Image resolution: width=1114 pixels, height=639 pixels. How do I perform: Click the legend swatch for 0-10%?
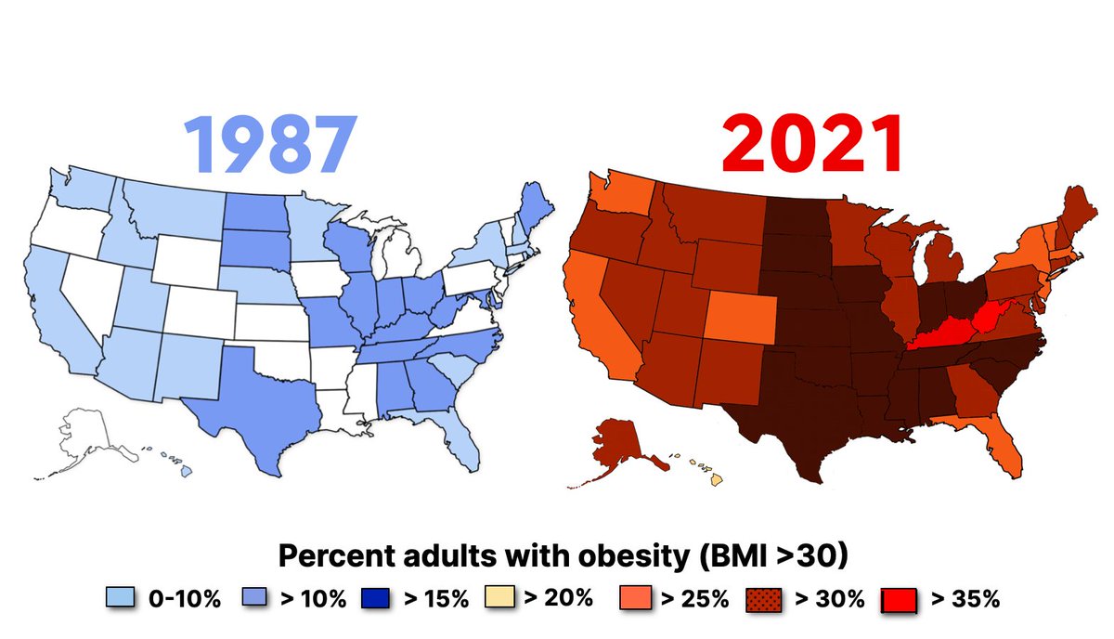[x=122, y=598]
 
